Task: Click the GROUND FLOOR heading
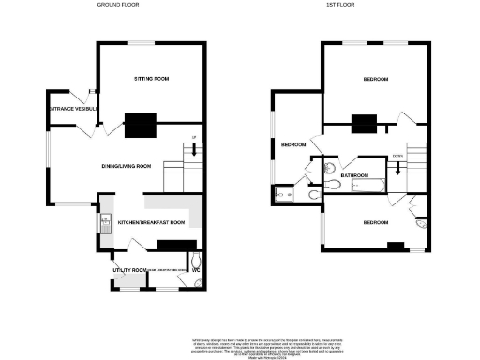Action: pos(119,5)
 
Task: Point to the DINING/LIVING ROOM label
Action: pos(127,166)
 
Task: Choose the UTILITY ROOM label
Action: pos(127,270)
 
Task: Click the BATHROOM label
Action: pos(354,175)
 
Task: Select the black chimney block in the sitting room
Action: pos(142,122)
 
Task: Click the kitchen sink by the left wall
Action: pos(103,223)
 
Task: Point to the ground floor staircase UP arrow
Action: pos(193,141)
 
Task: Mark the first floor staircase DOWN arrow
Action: pos(398,156)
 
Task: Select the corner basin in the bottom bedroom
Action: pos(421,224)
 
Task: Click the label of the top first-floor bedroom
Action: pos(375,80)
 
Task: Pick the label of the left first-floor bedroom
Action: pos(293,145)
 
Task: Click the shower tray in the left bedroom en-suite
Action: pos(283,195)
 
